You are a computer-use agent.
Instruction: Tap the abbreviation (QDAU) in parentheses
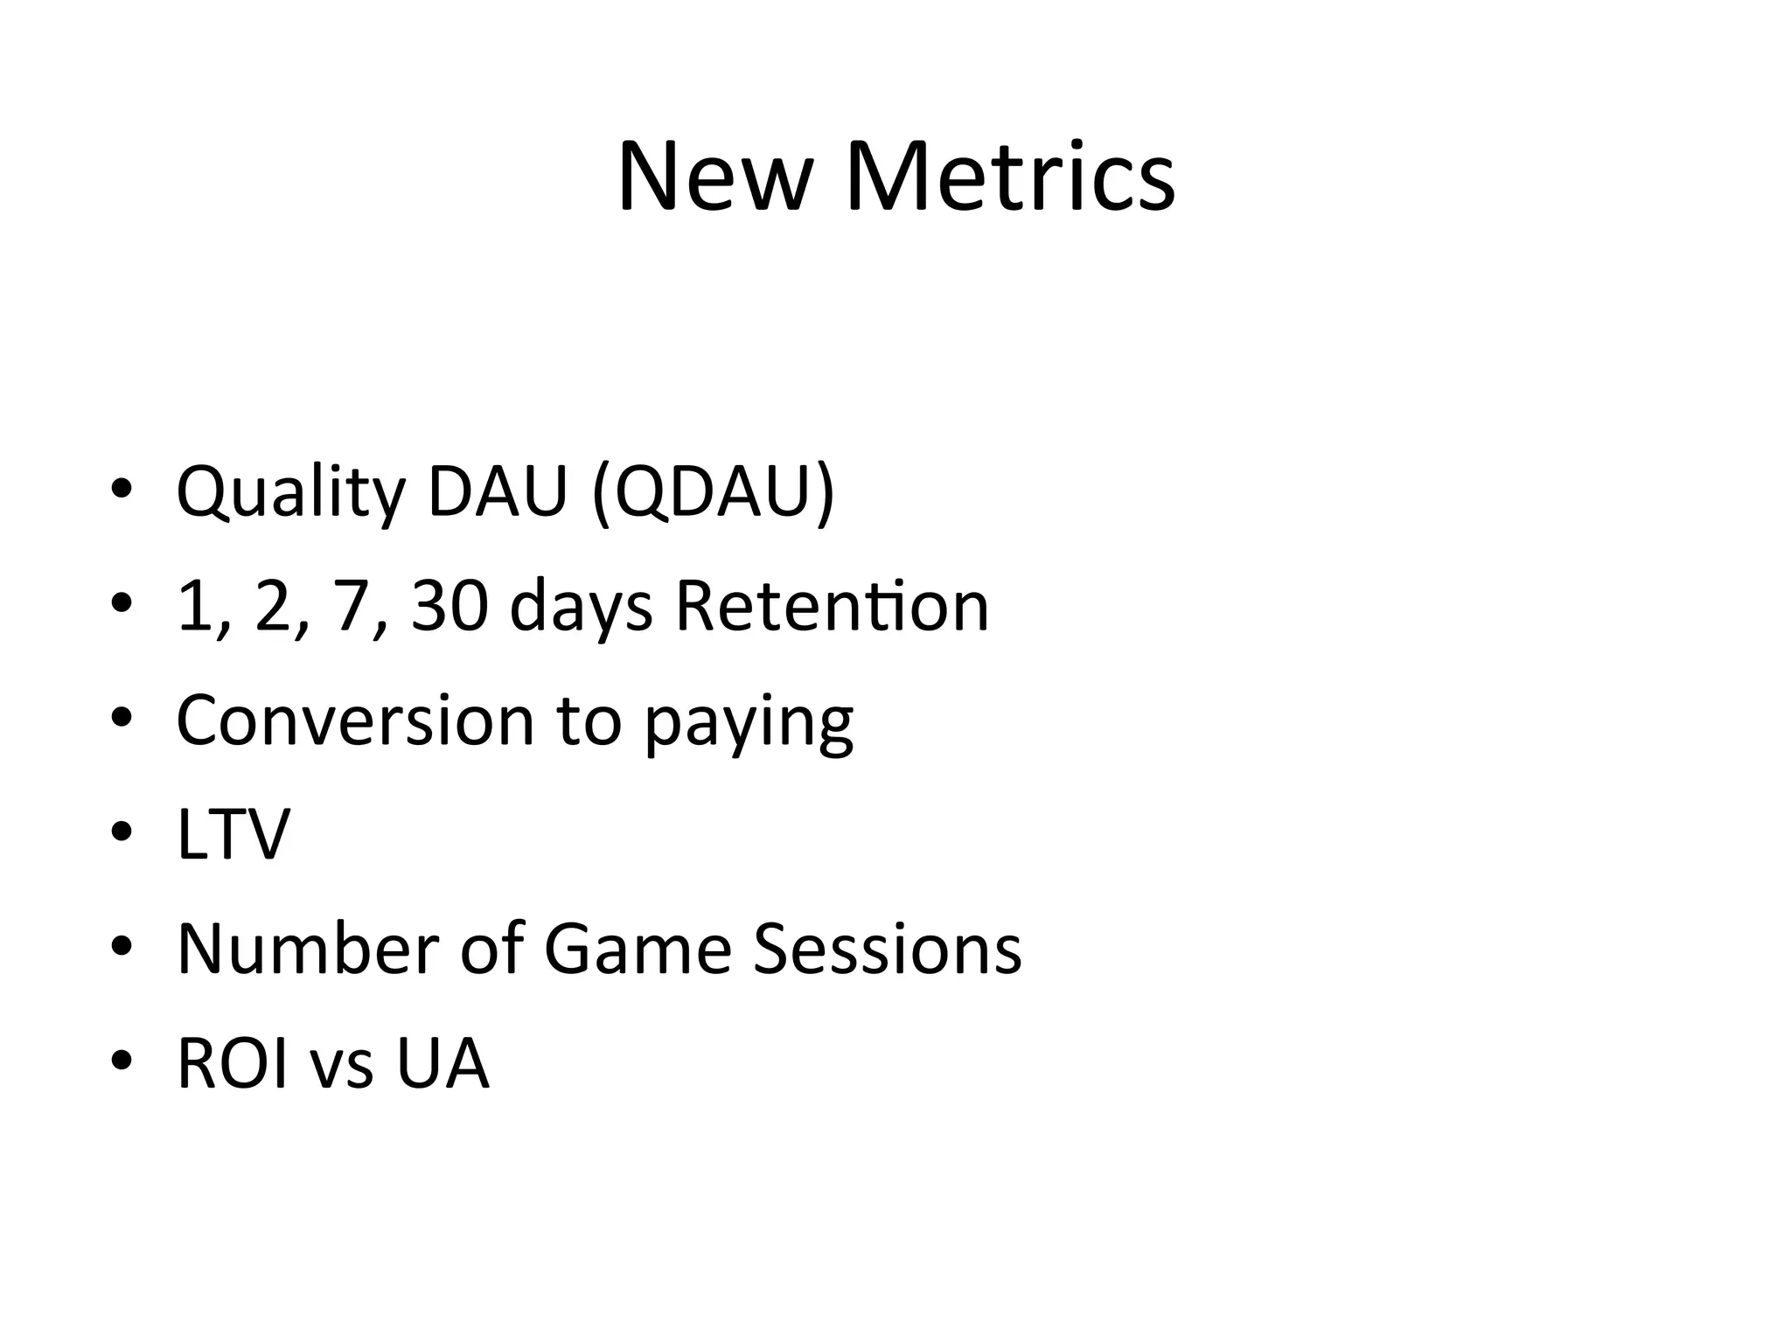[713, 492]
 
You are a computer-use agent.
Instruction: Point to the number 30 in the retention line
[449, 606]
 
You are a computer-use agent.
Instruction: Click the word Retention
[832, 606]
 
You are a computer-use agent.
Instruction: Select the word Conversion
[355, 720]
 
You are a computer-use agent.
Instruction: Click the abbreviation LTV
[233, 834]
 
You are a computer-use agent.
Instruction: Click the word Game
[638, 949]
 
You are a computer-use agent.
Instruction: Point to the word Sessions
[887, 949]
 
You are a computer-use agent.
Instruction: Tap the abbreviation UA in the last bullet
[442, 1064]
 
